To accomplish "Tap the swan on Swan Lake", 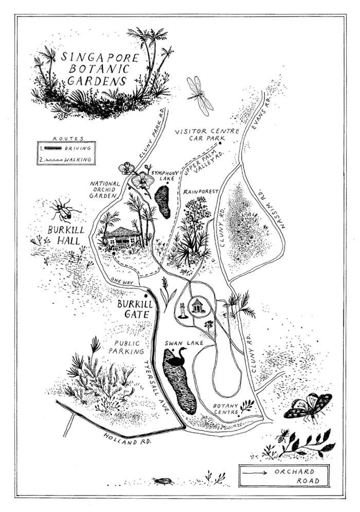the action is [x=177, y=357].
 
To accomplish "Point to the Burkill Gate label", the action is [x=133, y=309].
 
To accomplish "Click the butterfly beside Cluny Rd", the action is [x=308, y=406].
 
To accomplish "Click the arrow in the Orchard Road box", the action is [x=255, y=472].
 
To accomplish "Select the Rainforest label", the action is [x=201, y=192].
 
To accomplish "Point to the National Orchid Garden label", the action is [x=105, y=189].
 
